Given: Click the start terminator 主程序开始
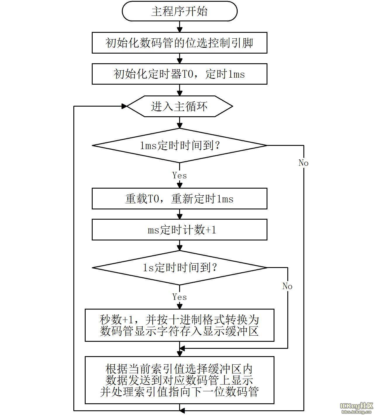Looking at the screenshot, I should tap(179, 11).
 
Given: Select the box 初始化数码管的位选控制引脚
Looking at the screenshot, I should tap(179, 43).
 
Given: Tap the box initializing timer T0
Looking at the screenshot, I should tap(179, 74).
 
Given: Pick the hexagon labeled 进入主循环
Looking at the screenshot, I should tap(179, 106).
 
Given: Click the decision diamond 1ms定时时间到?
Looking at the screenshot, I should tap(179, 145).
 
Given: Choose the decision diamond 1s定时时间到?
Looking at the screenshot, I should tap(179, 267).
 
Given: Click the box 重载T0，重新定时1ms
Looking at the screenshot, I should tap(179, 199).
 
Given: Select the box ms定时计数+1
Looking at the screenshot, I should tap(179, 230).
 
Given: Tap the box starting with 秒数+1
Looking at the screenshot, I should tap(179, 325).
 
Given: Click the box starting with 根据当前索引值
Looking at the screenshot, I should tap(179, 380).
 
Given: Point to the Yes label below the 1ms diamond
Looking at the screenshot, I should tap(179, 175).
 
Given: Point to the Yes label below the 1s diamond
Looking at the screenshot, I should tap(179, 297).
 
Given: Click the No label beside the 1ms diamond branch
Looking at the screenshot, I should tap(303, 163).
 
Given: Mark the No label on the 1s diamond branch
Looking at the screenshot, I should tap(287, 286).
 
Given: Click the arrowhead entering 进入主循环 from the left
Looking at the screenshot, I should tap(124, 106).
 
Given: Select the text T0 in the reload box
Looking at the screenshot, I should tap(153, 199).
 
